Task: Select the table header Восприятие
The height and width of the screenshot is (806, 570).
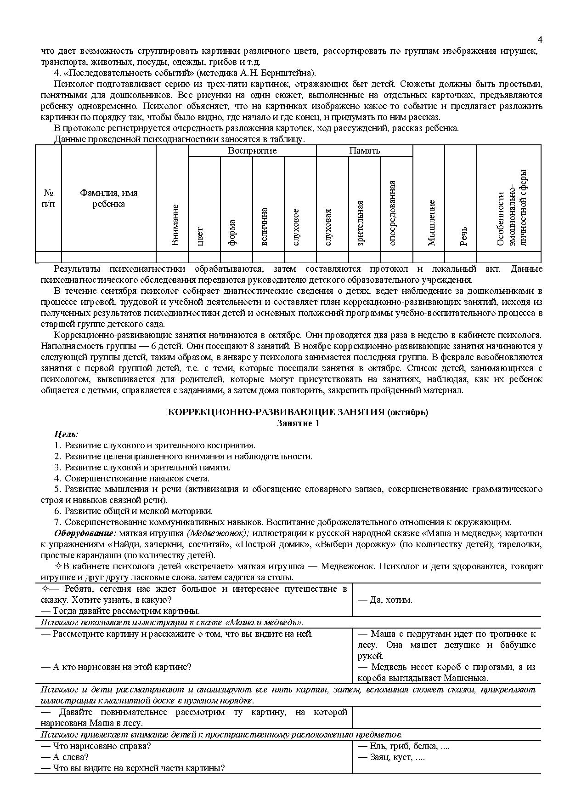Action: click(252, 151)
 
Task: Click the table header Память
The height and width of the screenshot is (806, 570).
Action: click(364, 151)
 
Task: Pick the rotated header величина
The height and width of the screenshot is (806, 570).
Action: click(264, 227)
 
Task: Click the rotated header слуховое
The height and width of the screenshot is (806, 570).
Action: click(296, 227)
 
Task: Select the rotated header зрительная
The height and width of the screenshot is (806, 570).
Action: click(360, 223)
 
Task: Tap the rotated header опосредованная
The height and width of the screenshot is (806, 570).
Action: click(392, 212)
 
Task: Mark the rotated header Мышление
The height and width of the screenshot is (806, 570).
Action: click(431, 223)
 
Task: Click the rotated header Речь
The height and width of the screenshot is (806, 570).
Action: click(463, 236)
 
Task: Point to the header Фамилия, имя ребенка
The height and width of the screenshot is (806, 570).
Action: click(109, 199)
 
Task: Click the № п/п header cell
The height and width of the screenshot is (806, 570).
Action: click(48, 199)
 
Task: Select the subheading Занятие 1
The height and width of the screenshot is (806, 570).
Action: click(298, 423)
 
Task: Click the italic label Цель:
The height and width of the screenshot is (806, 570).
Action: click(66, 434)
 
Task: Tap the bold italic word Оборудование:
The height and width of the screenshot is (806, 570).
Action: click(85, 533)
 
